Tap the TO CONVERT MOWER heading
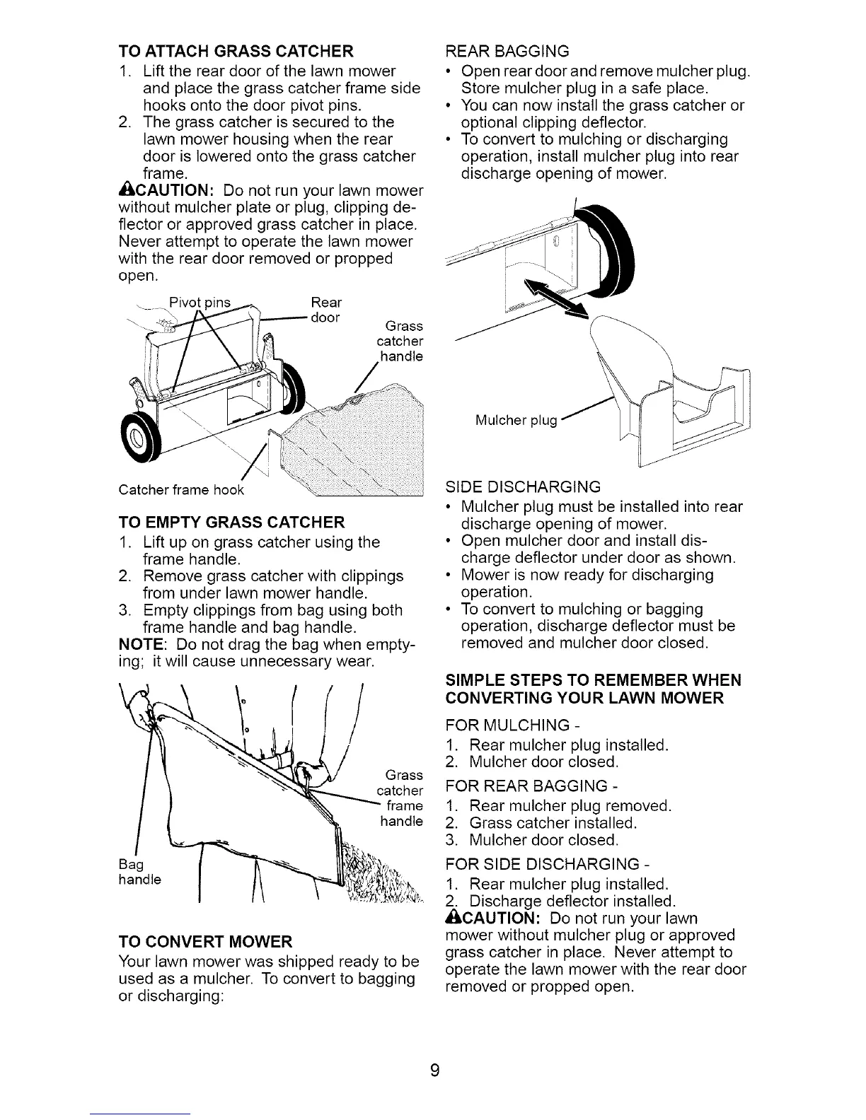click(205, 942)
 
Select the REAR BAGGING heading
click(507, 51)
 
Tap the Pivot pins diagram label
click(200, 303)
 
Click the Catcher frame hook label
click(181, 490)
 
